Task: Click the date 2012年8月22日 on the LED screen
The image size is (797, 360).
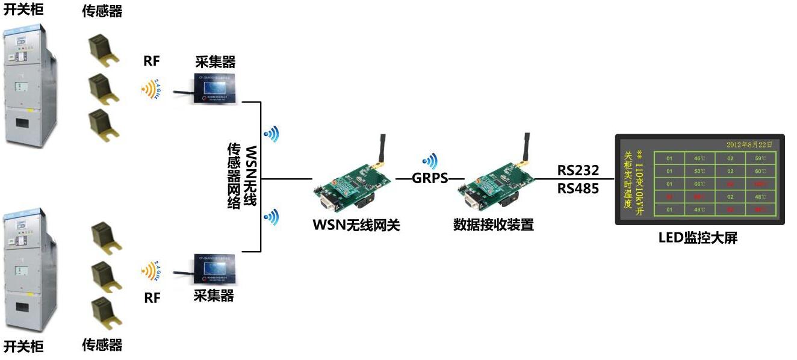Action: click(748, 144)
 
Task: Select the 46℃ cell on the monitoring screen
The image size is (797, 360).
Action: click(699, 158)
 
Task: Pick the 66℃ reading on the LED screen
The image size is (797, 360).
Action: click(699, 184)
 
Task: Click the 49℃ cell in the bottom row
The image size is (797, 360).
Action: click(699, 209)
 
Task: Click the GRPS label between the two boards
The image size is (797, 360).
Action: click(430, 179)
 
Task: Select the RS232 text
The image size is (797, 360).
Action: click(578, 170)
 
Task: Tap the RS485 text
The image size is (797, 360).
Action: click(578, 188)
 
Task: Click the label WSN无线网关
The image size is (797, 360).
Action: click(356, 225)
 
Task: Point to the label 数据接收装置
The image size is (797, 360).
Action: click(494, 225)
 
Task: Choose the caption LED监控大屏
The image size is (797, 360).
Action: click(698, 238)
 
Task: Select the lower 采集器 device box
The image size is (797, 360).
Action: click(214, 270)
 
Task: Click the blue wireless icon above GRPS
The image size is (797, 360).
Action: click(430, 161)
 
